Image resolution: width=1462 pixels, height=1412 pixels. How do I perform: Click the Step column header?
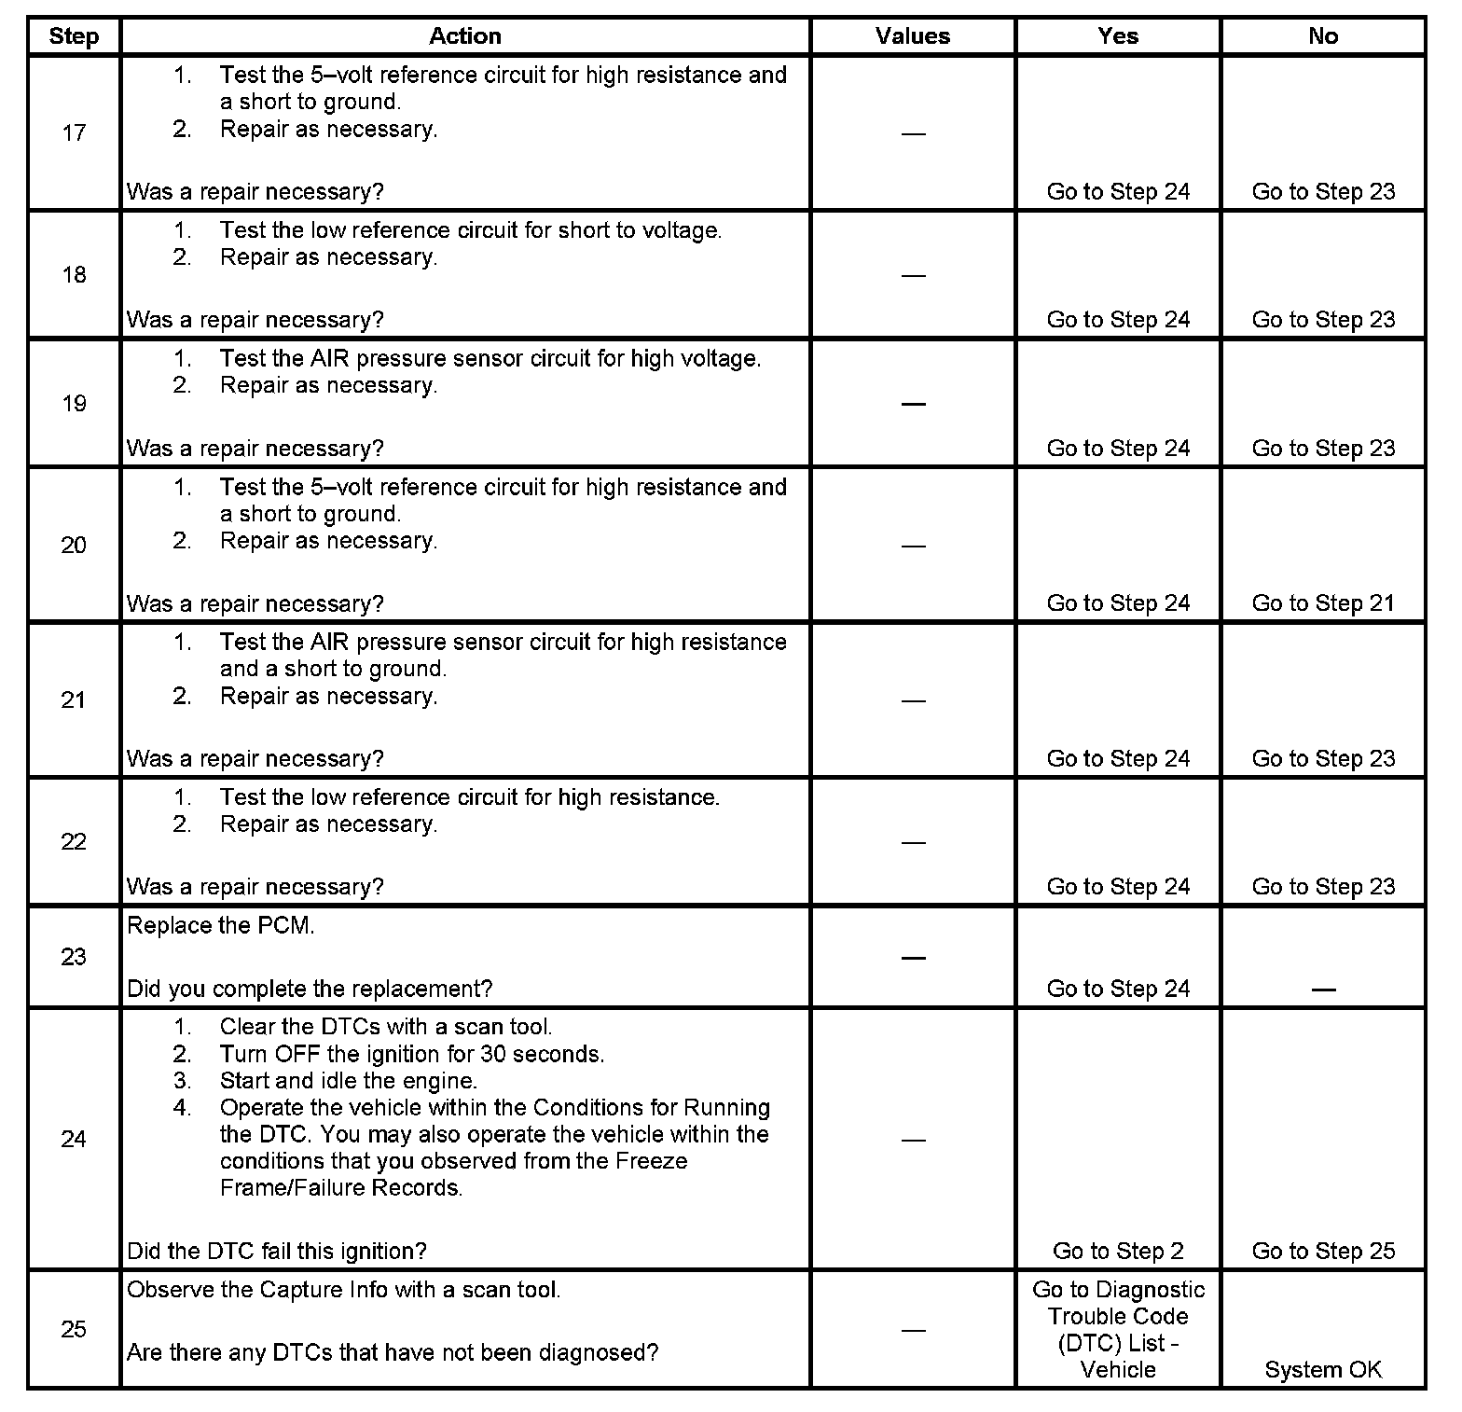(x=74, y=36)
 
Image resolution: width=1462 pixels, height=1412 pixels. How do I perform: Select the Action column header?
(x=464, y=36)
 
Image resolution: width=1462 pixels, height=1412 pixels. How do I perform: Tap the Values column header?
(x=912, y=36)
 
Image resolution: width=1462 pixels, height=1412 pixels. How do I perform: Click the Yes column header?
(x=1117, y=36)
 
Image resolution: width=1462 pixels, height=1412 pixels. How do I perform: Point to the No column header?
(x=1322, y=36)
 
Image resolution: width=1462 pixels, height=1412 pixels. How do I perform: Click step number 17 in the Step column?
(x=74, y=133)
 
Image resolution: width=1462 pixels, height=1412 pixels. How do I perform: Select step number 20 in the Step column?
(x=74, y=546)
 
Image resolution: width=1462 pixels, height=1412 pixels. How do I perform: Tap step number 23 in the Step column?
(x=74, y=957)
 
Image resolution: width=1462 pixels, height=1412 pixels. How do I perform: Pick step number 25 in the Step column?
(x=74, y=1329)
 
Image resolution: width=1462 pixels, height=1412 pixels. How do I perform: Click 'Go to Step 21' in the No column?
(x=1323, y=603)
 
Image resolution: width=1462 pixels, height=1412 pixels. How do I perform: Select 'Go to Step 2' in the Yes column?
(x=1118, y=1251)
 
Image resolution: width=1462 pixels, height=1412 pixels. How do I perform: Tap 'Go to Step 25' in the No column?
(x=1323, y=1251)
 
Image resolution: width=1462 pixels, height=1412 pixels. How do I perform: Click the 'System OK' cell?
(x=1323, y=1370)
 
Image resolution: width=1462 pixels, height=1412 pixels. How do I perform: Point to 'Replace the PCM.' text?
(x=221, y=925)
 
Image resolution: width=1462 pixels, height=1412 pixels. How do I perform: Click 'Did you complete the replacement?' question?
(x=310, y=989)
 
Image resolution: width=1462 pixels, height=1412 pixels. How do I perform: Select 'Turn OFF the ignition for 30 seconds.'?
(x=412, y=1054)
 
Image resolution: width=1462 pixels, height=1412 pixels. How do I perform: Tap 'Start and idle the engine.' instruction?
(x=349, y=1081)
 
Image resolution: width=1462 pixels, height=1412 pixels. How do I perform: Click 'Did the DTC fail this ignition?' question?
(x=277, y=1251)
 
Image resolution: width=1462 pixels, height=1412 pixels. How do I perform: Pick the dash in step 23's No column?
(x=1323, y=990)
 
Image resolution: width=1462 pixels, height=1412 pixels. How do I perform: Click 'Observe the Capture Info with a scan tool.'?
(x=343, y=1290)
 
